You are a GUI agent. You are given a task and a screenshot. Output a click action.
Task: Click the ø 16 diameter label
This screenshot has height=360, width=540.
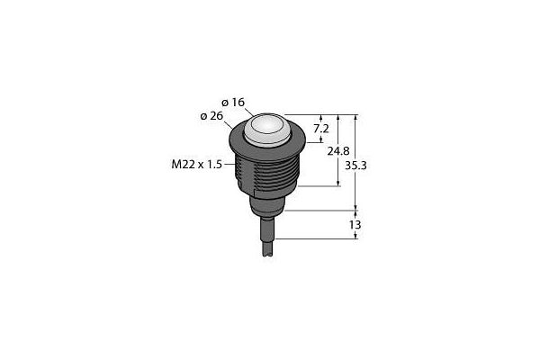(x=233, y=103)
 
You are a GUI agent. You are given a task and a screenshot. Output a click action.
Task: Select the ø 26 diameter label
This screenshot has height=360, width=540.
(x=211, y=116)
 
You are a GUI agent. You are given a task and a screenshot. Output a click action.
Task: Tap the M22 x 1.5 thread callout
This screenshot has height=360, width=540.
(x=196, y=165)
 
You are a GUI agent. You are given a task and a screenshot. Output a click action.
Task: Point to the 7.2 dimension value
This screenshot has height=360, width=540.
(x=321, y=129)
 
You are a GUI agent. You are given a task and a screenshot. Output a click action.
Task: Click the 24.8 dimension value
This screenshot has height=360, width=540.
(x=338, y=151)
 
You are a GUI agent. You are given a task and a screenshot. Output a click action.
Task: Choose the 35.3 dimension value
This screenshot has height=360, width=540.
(x=355, y=166)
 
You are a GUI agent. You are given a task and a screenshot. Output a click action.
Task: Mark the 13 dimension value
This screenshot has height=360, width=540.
(x=355, y=225)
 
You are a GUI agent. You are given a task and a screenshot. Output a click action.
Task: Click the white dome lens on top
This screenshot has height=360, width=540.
(x=267, y=129)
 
